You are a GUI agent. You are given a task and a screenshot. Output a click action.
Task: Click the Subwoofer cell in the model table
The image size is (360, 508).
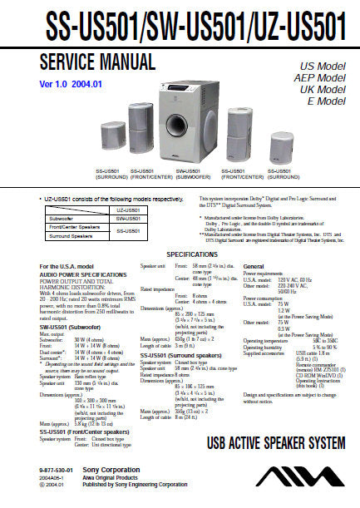tap(62, 219)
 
